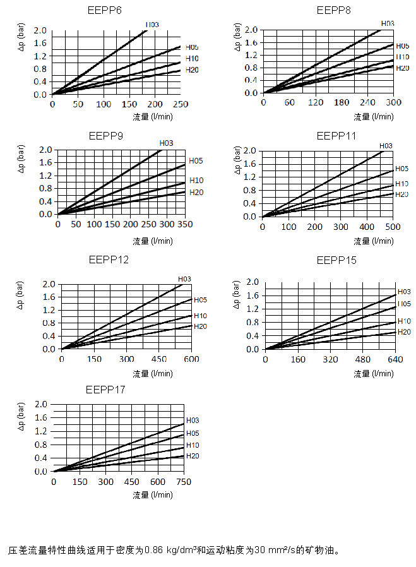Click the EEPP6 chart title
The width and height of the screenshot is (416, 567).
click(x=105, y=11)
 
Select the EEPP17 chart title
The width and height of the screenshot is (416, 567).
click(x=105, y=390)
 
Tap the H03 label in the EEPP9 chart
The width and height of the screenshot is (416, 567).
click(x=166, y=143)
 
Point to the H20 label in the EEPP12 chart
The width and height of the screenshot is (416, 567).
click(x=200, y=326)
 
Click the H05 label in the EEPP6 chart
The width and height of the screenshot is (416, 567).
click(x=192, y=47)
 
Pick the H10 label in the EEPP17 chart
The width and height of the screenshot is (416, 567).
click(x=193, y=445)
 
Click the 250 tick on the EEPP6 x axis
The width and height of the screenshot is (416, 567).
click(x=181, y=104)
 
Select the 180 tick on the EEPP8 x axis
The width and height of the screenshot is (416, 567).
click(x=342, y=103)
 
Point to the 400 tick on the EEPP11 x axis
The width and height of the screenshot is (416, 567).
click(x=366, y=227)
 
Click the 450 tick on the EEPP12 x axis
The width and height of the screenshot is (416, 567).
click(x=159, y=359)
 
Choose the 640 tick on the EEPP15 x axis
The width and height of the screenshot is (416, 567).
click(x=395, y=359)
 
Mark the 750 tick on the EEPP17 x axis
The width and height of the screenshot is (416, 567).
click(x=184, y=482)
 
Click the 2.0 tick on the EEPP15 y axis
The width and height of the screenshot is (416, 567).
click(x=253, y=282)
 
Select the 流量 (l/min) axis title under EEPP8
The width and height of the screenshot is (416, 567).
click(x=374, y=117)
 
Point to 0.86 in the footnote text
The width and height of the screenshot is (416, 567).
click(x=155, y=549)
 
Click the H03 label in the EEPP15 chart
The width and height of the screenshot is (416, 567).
click(x=404, y=292)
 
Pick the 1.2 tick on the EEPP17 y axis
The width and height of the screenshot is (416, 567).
click(x=41, y=431)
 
